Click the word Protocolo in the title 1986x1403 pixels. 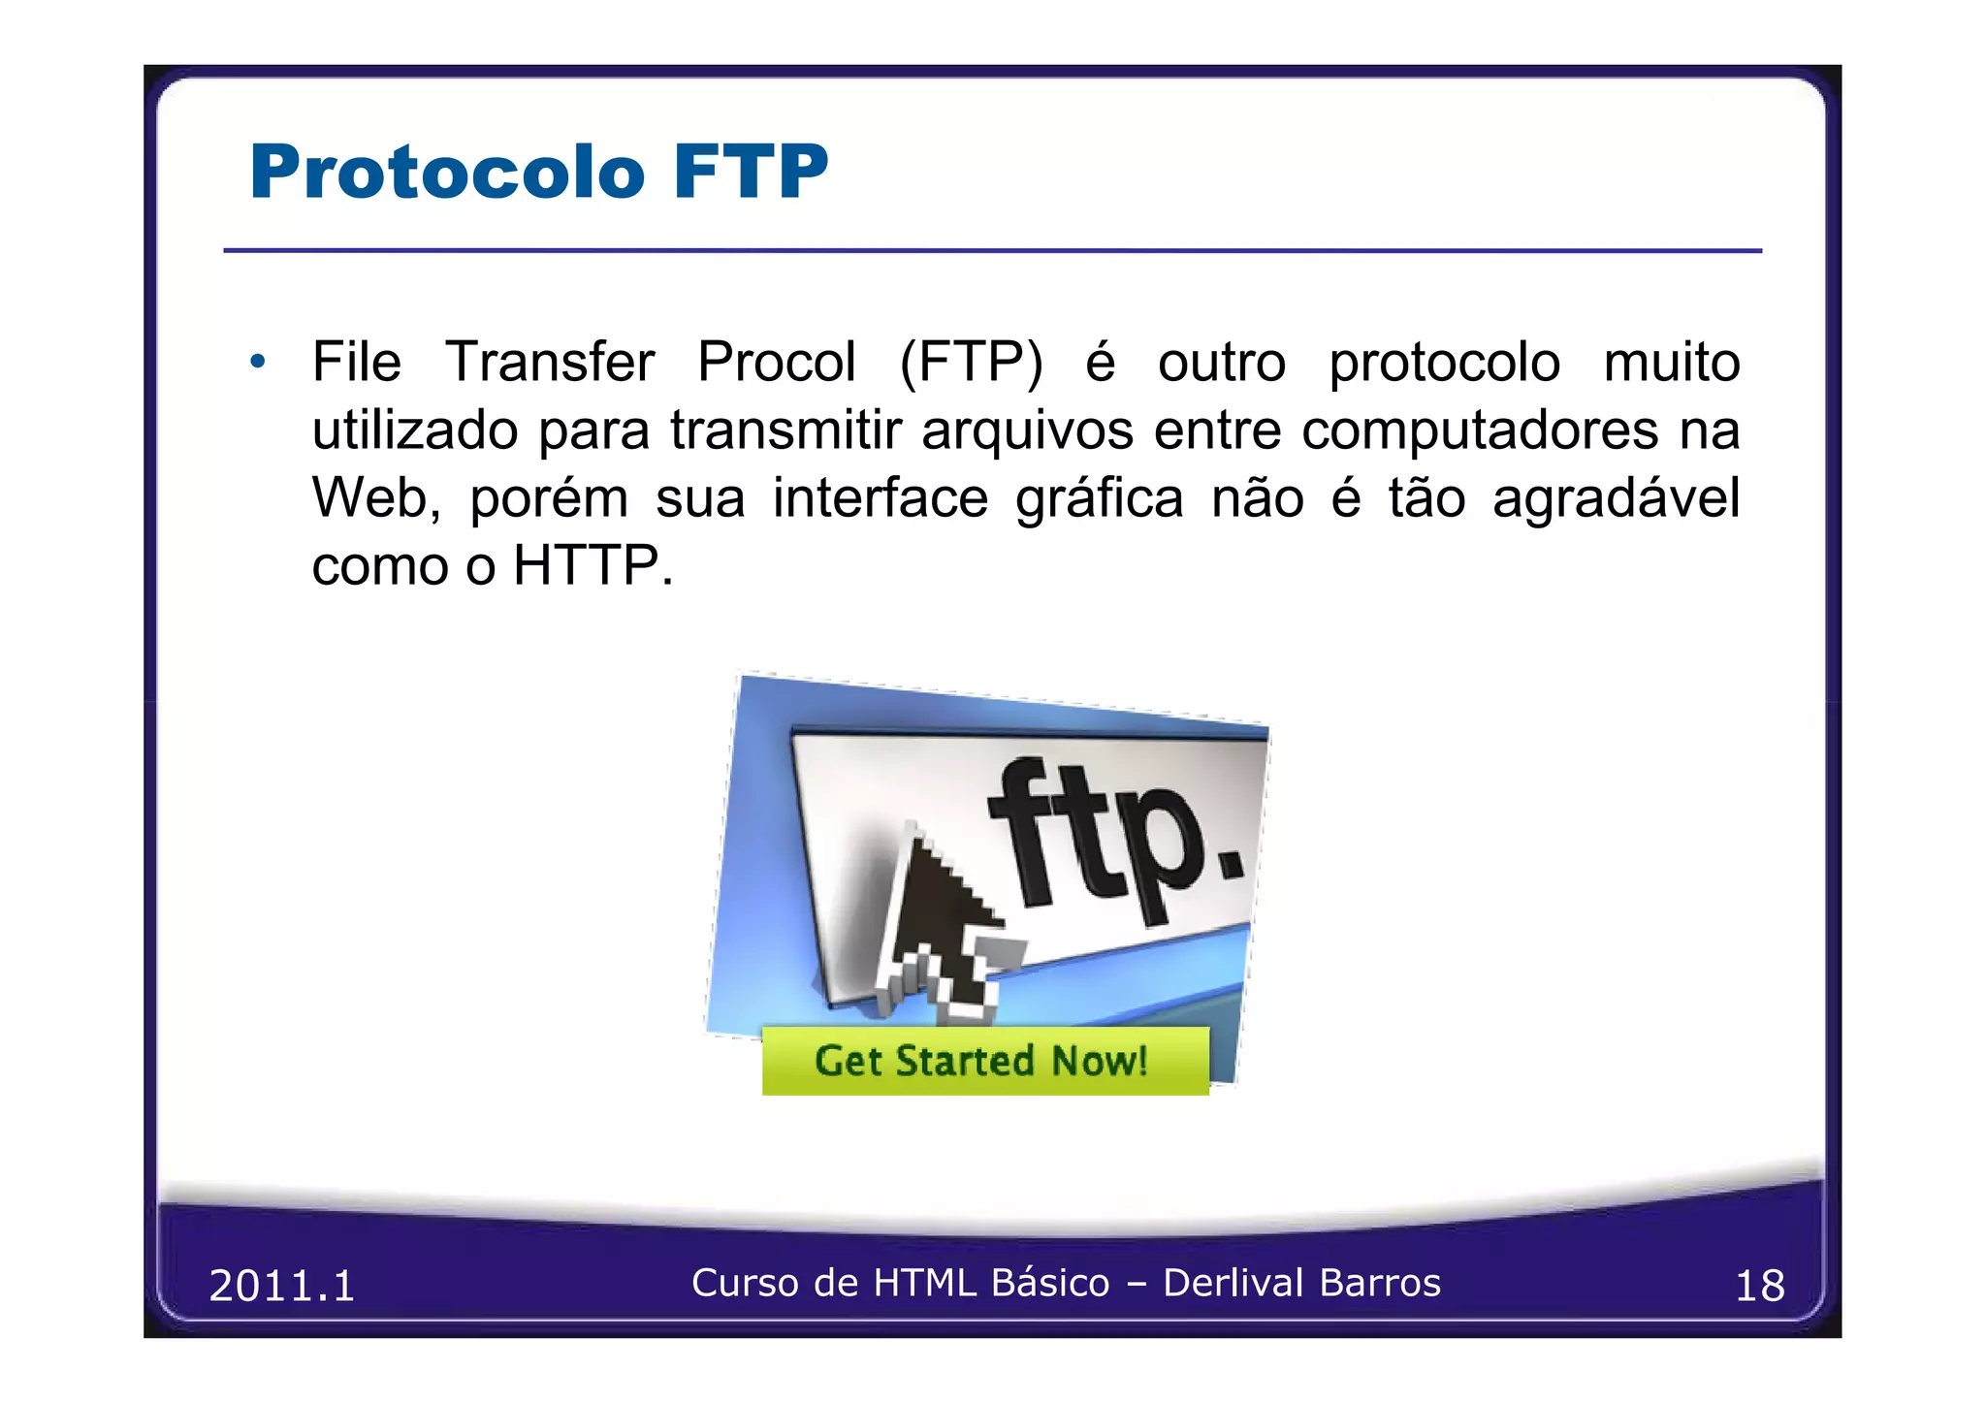pos(447,173)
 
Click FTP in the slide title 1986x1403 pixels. pos(752,173)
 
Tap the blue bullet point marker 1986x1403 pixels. pos(257,363)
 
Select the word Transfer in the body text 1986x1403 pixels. pos(550,363)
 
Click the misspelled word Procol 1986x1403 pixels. pos(776,363)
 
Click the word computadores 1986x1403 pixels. pos(1479,430)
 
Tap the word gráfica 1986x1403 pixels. pos(1099,500)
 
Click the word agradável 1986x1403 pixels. pos(1616,500)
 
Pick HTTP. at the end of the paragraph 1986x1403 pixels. pos(593,566)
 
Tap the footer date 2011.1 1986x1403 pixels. pos(282,1287)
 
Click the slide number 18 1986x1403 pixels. pos(1759,1287)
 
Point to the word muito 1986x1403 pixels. pos(1671,363)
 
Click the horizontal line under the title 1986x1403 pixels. pos(992,251)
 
